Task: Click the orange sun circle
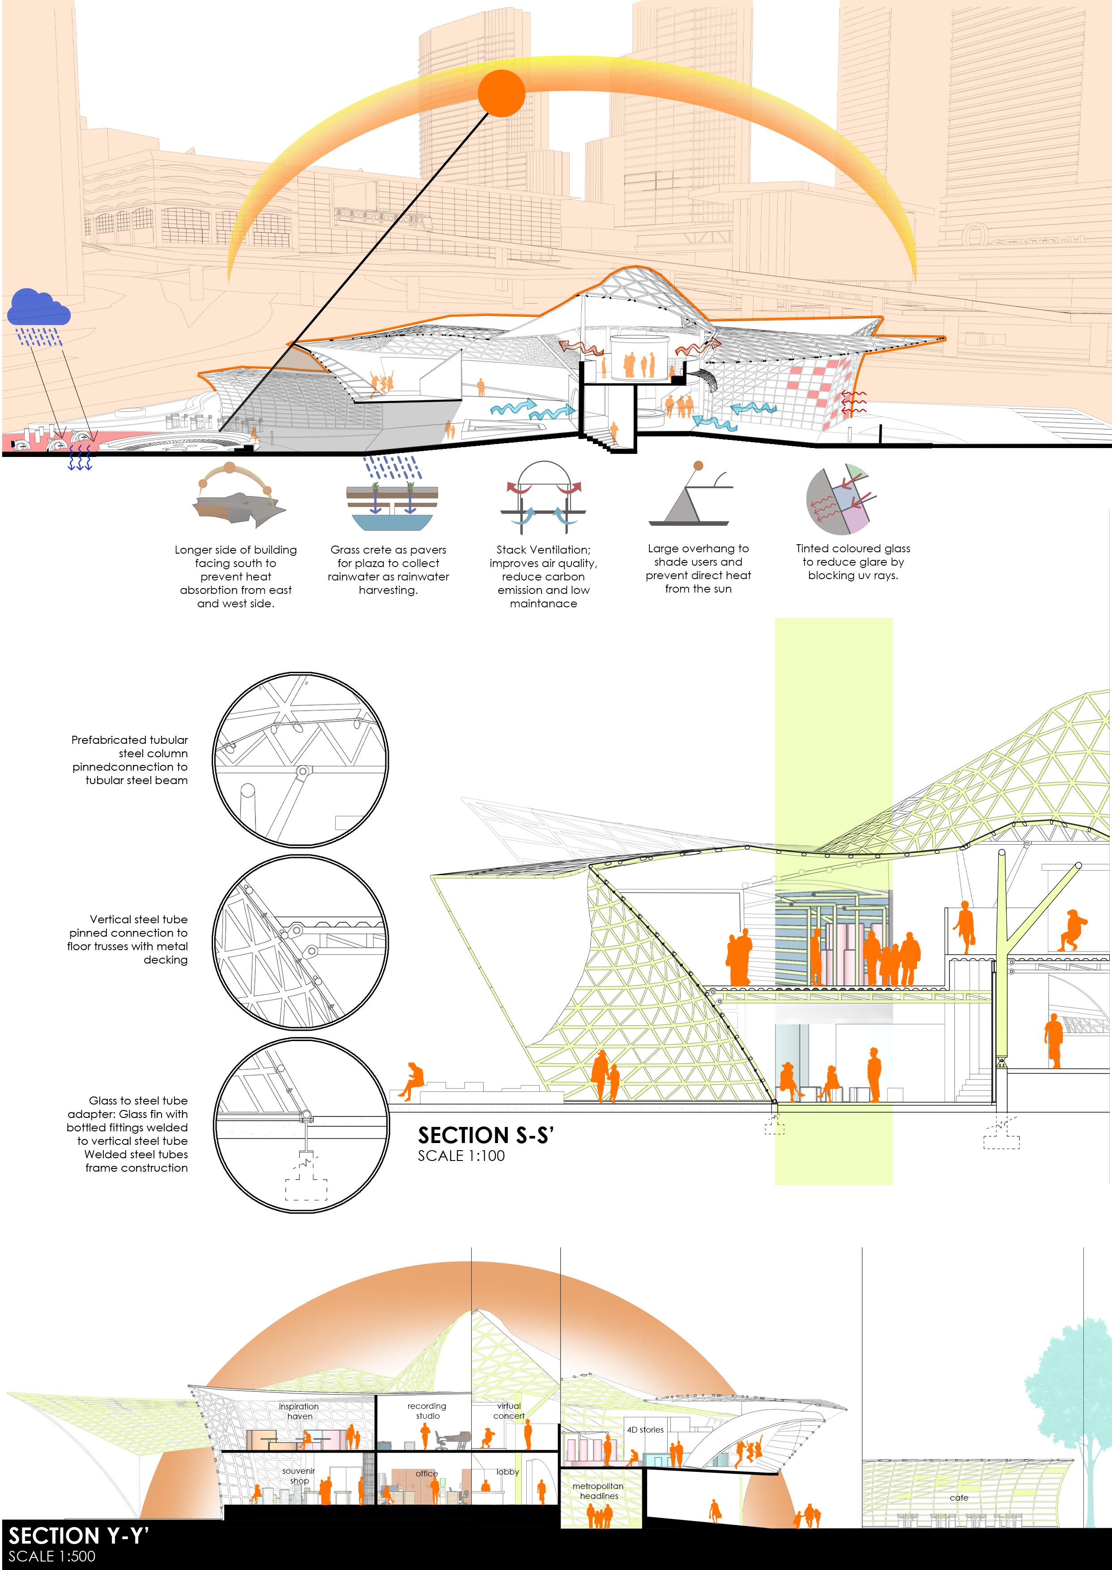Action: pyautogui.click(x=501, y=93)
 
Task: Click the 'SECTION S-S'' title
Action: pyautogui.click(x=485, y=1136)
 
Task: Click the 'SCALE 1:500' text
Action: pyautogui.click(x=52, y=1556)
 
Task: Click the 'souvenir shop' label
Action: pyautogui.click(x=298, y=1476)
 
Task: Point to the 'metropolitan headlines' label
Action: pyautogui.click(x=598, y=1491)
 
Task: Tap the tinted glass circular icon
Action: pyautogui.click(x=841, y=500)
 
